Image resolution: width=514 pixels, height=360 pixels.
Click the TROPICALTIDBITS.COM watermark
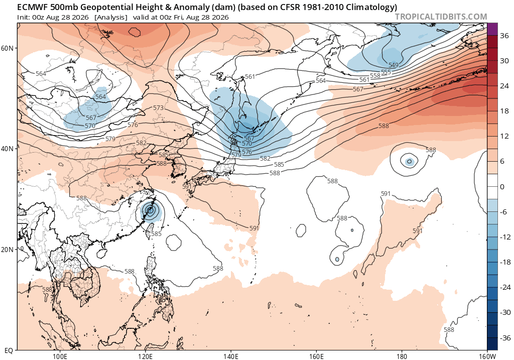click(441, 17)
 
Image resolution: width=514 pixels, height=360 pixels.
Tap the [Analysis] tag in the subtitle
click(110, 18)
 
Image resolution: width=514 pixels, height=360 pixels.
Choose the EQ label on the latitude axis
click(9, 350)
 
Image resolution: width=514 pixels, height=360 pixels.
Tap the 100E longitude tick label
click(60, 356)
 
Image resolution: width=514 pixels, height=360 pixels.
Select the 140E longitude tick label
click(230, 356)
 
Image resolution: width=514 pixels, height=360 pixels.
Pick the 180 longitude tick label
click(402, 356)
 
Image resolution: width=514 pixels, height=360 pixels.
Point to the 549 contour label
click(394, 65)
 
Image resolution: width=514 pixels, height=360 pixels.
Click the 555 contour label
click(386, 72)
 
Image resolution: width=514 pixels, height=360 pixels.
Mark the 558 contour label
click(375, 75)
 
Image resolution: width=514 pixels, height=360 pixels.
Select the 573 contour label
click(158, 108)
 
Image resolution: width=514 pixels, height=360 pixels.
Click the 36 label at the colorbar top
click(504, 36)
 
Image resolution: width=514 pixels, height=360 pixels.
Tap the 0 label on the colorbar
click(502, 187)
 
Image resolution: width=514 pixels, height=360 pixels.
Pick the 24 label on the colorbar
click(504, 86)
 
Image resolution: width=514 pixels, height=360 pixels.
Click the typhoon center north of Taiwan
click(151, 210)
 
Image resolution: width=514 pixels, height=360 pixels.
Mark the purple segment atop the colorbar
click(493, 29)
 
